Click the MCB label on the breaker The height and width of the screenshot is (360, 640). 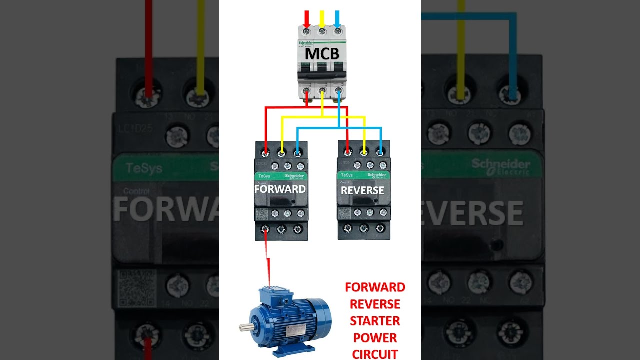(322, 53)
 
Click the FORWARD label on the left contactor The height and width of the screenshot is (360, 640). (280, 189)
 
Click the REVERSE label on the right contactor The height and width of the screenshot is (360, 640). (362, 190)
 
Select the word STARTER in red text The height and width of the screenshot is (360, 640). (375, 321)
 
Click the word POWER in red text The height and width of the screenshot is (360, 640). (375, 338)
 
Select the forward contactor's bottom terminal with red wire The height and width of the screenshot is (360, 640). (265, 229)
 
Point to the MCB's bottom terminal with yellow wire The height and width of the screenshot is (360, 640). (322, 91)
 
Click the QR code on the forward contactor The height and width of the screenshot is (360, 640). (262, 214)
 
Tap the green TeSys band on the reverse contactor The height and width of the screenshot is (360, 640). (363, 175)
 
